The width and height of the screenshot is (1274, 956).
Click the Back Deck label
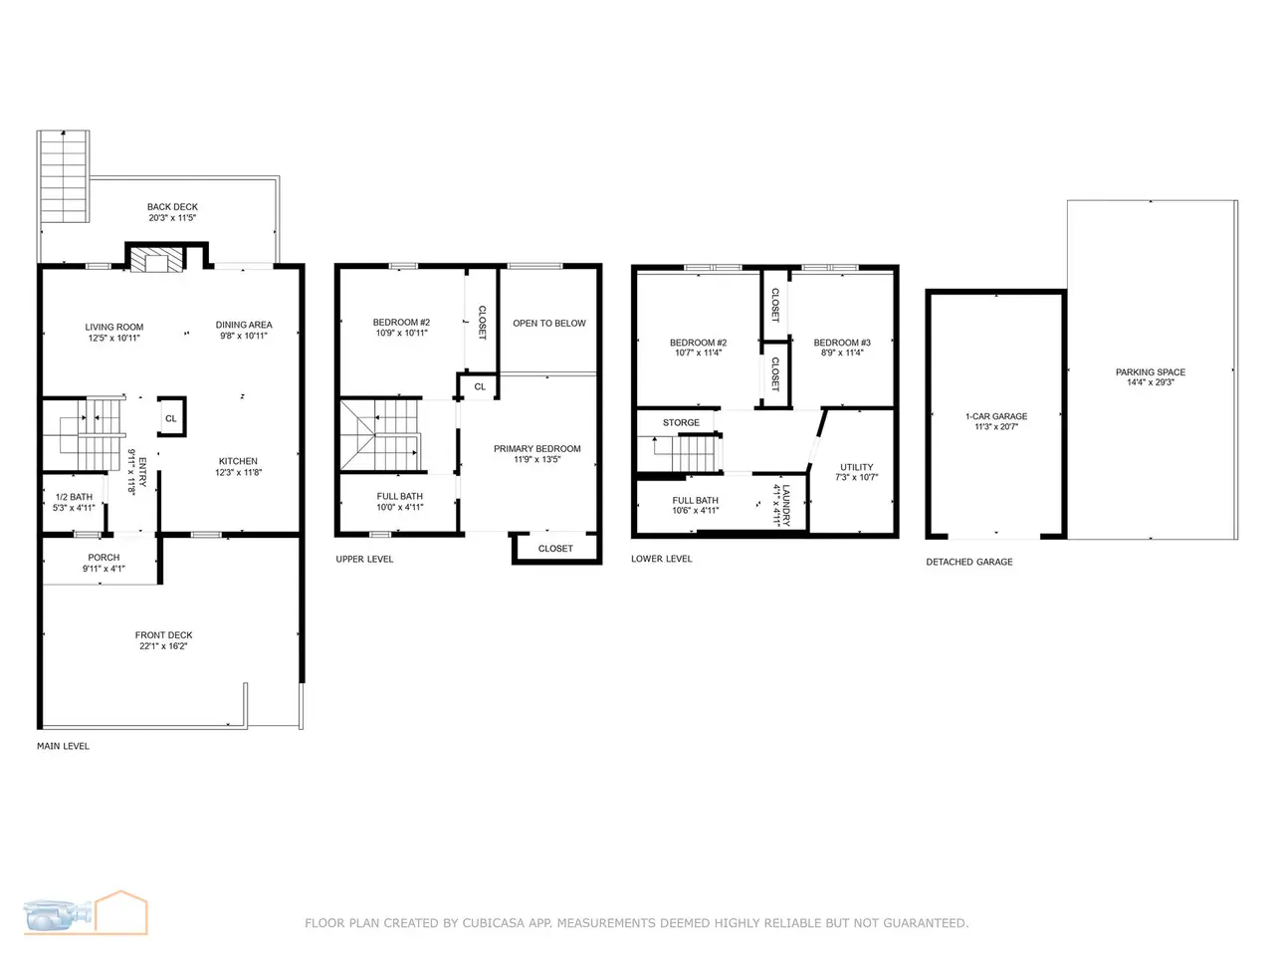172,207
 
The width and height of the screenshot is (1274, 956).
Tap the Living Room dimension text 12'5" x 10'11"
114,338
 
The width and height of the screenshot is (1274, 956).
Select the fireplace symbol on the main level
155,260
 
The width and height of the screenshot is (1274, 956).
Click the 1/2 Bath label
74,497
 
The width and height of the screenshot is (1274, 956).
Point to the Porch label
104,558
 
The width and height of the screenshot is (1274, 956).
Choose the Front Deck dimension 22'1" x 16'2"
163,646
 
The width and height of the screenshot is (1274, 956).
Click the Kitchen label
238,461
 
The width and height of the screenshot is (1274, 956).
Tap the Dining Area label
244,325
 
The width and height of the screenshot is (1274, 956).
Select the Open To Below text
549,324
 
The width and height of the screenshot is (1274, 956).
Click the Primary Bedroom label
536,449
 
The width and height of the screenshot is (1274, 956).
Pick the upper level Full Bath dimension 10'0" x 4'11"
400,507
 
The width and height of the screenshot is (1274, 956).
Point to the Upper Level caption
364,559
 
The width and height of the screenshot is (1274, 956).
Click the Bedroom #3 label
842,343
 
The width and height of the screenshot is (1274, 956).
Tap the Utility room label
857,467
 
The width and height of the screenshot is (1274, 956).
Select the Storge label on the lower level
682,422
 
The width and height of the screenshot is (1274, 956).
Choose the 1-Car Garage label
996,416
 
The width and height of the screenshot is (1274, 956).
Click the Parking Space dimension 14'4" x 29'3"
1151,382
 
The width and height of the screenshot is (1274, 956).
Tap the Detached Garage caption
969,562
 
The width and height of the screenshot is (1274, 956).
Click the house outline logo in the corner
120,912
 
